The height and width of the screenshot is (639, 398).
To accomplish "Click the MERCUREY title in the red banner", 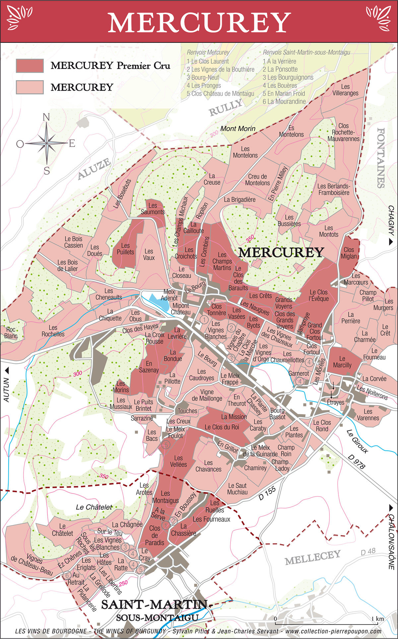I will (199, 23).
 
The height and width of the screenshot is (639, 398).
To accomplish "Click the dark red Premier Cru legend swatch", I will (30, 66).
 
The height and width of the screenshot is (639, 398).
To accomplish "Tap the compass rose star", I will (47, 143).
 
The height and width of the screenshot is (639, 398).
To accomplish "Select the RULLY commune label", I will (225, 108).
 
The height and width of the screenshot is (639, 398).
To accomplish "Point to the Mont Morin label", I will (238, 129).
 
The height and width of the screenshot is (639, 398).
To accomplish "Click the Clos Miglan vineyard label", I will (349, 253).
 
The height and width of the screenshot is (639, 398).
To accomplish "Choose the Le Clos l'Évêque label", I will (318, 295).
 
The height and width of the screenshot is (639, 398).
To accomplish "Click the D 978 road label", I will (357, 461).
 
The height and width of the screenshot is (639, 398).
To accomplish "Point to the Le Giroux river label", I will (357, 441).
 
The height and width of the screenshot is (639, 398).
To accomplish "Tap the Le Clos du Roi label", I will (222, 427).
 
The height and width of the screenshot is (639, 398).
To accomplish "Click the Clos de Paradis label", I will (155, 535).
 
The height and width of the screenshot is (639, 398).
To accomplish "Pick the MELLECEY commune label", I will (312, 557).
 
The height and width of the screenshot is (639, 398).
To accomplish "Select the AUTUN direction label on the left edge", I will (6, 390).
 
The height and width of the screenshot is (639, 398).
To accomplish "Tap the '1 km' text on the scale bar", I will (378, 619).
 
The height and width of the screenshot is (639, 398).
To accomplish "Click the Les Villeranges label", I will (345, 90).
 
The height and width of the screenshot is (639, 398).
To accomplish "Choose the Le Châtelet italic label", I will (94, 507).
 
